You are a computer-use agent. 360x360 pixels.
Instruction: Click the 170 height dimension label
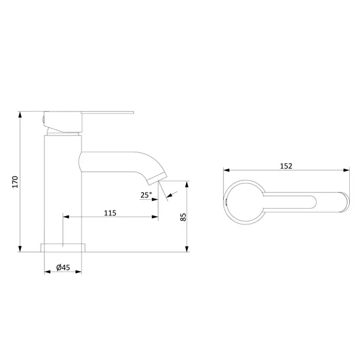pos(15,182)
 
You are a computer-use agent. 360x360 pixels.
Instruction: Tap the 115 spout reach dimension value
pos(110,213)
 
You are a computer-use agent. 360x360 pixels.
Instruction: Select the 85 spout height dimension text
pos(183,217)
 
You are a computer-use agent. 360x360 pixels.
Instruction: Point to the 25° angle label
pos(146,195)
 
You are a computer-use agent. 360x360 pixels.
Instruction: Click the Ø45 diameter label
pos(63,268)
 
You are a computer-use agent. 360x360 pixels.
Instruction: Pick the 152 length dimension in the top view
pos(286,166)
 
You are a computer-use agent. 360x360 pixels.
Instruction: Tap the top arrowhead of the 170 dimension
pos(20,115)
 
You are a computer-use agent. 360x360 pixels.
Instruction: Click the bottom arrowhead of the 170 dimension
pos(20,249)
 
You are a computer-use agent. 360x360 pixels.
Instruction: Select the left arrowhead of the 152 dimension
pos(226,170)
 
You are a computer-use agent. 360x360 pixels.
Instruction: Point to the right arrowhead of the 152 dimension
pos(346,170)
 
